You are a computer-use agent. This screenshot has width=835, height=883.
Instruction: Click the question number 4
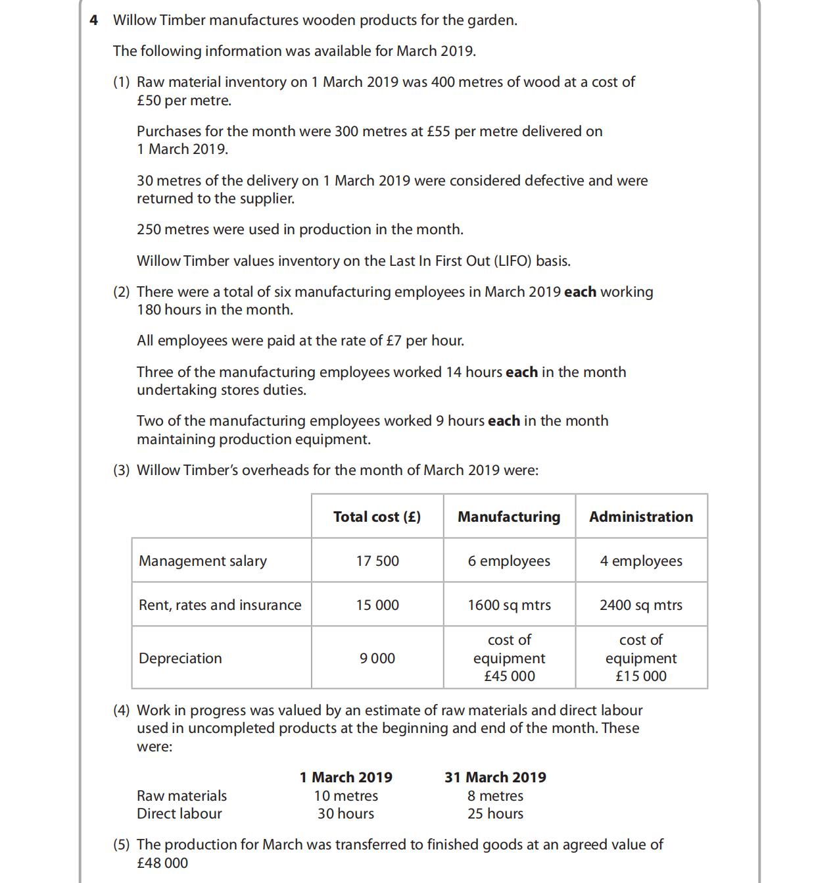click(94, 20)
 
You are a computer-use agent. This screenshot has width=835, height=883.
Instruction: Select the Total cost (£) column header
click(377, 517)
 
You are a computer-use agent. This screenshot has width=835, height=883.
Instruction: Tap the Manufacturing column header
click(509, 517)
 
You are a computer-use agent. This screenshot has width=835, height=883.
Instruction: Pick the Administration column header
click(641, 517)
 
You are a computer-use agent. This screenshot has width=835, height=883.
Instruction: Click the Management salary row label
click(203, 561)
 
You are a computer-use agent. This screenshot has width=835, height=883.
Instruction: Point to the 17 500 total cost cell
click(377, 561)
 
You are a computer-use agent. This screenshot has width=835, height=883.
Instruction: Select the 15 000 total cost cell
click(377, 605)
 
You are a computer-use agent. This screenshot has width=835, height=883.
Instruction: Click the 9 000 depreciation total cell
click(377, 658)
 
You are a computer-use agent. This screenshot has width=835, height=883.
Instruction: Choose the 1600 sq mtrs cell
click(510, 605)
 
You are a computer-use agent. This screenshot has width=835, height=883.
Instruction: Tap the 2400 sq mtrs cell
click(641, 605)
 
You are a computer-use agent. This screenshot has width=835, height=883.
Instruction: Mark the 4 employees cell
click(641, 561)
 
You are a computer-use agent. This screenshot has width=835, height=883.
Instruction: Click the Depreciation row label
click(180, 658)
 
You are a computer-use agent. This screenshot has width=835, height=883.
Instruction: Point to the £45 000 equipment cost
click(510, 676)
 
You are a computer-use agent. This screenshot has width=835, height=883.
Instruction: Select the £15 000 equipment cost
click(641, 676)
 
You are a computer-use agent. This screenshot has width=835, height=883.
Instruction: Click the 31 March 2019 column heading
click(495, 777)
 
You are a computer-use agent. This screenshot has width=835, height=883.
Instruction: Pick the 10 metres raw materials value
click(346, 795)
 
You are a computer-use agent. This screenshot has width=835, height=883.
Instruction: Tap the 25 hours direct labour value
click(495, 813)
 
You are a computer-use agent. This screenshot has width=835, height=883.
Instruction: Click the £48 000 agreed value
click(162, 863)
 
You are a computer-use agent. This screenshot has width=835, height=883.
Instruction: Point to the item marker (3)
click(122, 470)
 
